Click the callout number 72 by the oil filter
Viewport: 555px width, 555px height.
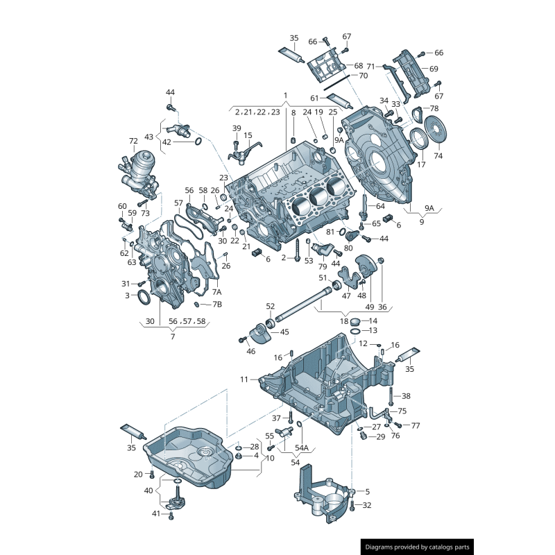(x=133, y=141)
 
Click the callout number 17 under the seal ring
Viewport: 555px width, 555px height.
(x=421, y=165)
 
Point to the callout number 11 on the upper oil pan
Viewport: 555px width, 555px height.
(x=244, y=379)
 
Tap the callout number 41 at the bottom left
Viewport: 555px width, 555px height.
(x=156, y=514)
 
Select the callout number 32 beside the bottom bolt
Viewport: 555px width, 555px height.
(x=367, y=505)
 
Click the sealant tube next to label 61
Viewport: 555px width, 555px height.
(x=341, y=99)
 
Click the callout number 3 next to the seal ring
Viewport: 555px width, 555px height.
(x=127, y=296)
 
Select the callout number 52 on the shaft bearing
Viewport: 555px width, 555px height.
(x=271, y=306)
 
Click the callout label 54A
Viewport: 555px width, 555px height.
(x=302, y=448)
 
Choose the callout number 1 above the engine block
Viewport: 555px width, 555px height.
(x=284, y=94)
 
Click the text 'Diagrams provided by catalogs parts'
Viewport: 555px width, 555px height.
(x=418, y=547)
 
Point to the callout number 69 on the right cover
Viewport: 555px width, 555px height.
(x=434, y=69)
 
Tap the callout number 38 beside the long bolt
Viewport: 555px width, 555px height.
(x=406, y=396)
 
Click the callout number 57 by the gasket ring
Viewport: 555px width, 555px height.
(x=178, y=203)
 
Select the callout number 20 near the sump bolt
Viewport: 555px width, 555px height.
(x=138, y=474)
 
